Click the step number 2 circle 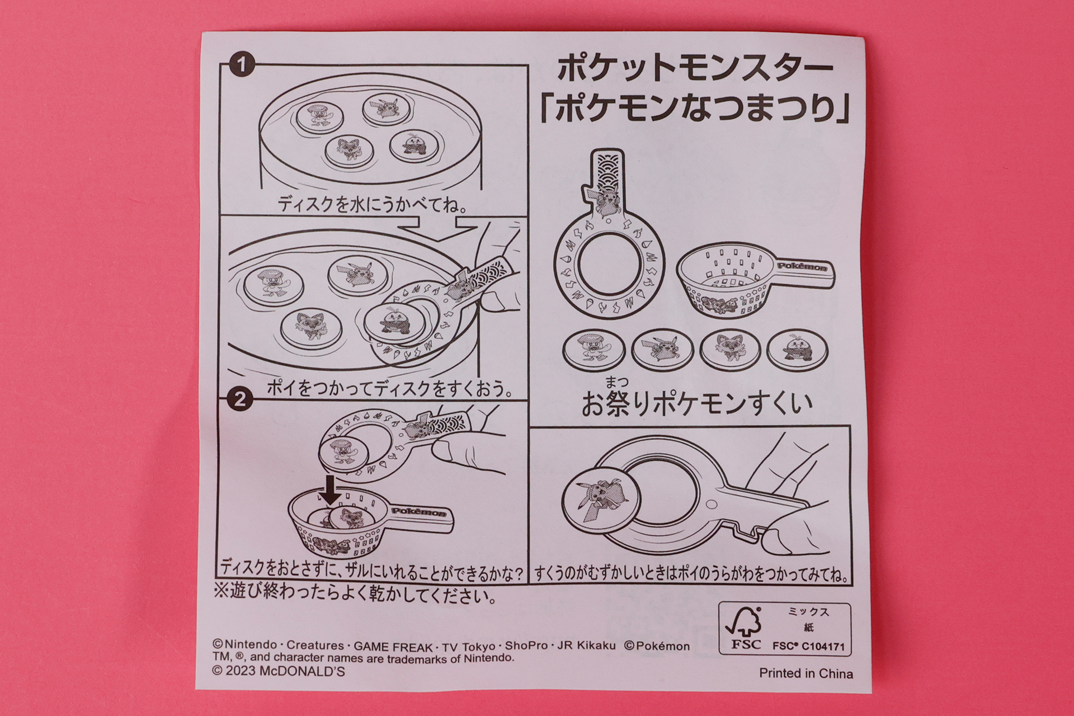[x=241, y=400]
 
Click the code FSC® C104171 [x=808, y=646]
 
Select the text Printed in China [x=805, y=673]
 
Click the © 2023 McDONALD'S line [x=279, y=671]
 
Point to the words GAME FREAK [x=393, y=647]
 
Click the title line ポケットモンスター [x=695, y=69]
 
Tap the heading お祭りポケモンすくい [x=696, y=404]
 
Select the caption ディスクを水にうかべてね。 [x=373, y=205]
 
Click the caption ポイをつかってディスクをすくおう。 [x=390, y=388]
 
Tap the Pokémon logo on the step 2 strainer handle [x=419, y=511]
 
